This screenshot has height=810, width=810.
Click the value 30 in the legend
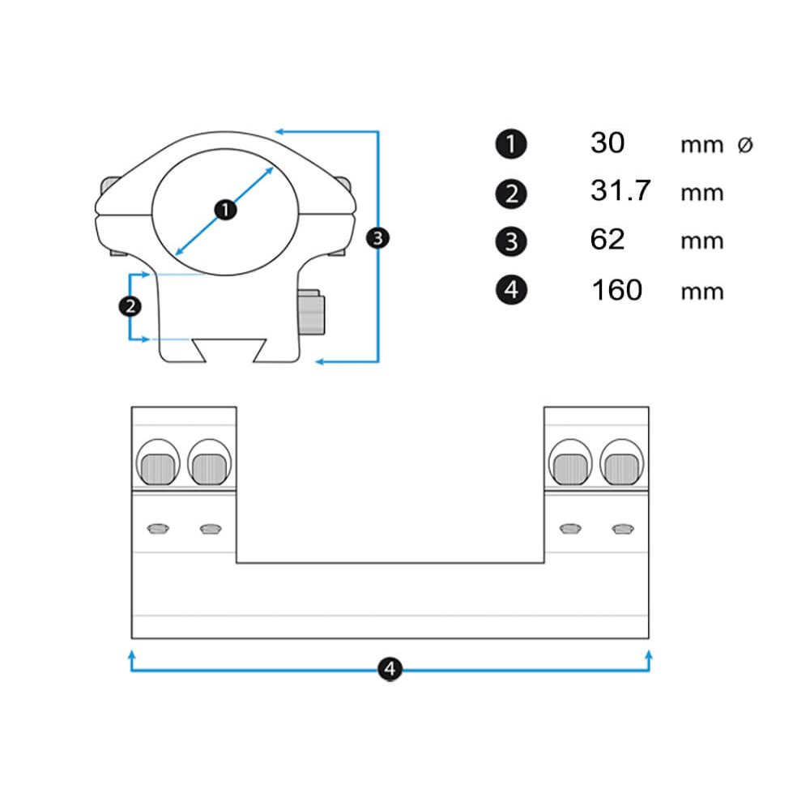607,143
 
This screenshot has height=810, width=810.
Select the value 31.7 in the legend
620,192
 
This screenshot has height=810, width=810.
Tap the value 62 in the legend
607,240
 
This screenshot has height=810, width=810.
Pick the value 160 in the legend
616,289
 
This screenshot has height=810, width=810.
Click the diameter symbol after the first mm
745,145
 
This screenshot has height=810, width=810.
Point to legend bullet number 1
510,145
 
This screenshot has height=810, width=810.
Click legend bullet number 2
510,194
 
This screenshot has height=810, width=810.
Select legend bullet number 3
510,241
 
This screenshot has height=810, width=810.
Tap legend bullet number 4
510,290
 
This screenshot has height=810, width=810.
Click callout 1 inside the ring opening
225,210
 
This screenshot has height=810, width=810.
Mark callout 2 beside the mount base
130,306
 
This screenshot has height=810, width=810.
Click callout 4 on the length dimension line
390,669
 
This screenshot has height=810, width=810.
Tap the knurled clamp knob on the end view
312,314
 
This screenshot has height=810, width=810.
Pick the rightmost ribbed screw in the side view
622,467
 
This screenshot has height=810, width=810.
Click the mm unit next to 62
701,241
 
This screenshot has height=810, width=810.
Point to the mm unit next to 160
701,291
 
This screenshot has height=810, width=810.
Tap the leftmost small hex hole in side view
157,528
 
